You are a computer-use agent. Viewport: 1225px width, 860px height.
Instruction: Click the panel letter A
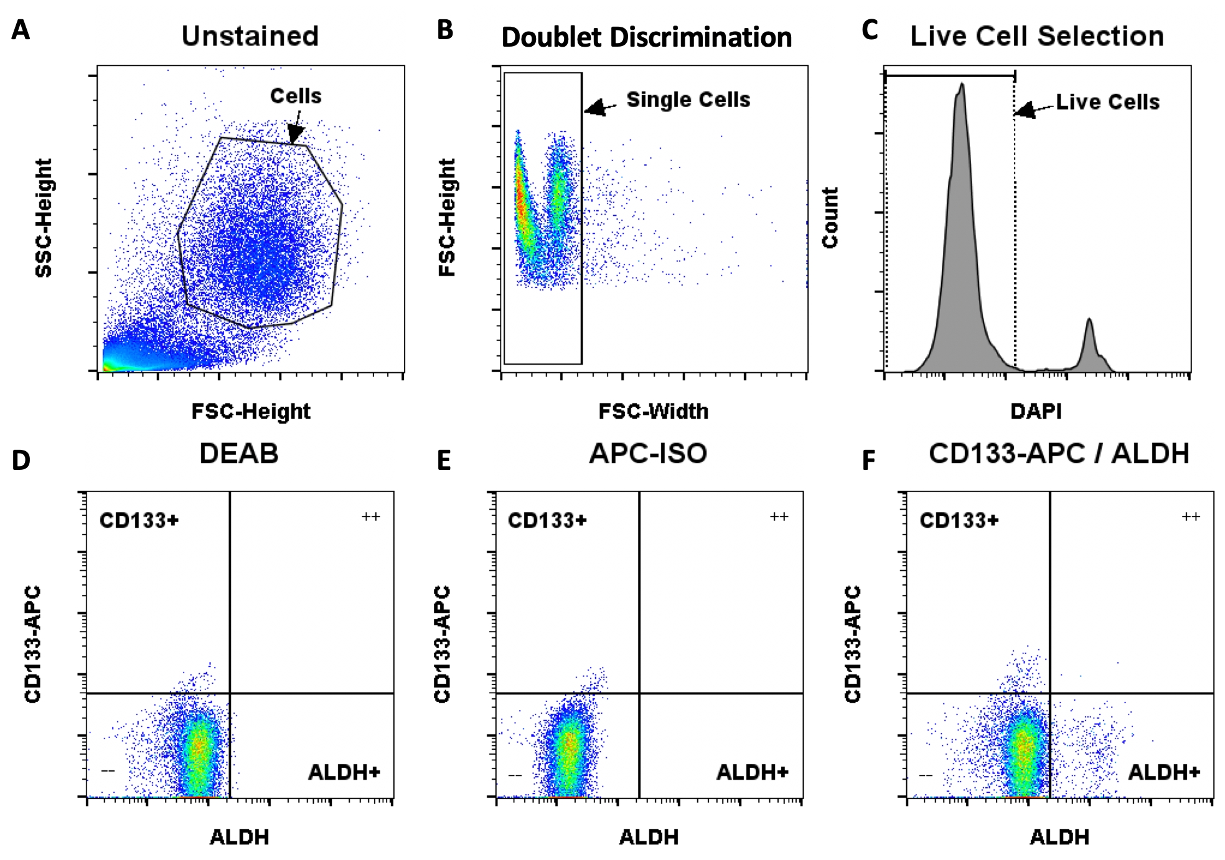[x=21, y=30]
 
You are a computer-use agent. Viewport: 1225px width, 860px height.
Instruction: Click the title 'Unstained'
[x=250, y=36]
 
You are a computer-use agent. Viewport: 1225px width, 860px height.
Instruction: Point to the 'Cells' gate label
[x=296, y=96]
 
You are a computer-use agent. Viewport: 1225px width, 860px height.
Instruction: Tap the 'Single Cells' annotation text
[x=688, y=100]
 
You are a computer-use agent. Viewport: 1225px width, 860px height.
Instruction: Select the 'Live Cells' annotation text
[x=1107, y=102]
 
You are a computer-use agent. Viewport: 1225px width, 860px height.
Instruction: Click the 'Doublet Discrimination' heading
[x=646, y=37]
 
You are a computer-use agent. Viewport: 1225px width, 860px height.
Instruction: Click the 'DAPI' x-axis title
[x=1036, y=411]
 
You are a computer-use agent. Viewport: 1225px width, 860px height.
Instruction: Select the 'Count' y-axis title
[x=830, y=218]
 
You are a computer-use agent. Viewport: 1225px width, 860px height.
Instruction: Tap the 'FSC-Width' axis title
[x=653, y=411]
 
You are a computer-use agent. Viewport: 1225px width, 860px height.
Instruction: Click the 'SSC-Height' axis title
[x=44, y=218]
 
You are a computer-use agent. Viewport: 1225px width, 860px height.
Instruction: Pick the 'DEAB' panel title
[x=239, y=454]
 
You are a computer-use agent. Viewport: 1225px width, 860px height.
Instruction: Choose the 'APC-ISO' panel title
[x=648, y=454]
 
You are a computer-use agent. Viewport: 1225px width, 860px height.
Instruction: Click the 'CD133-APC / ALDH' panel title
[x=1059, y=454]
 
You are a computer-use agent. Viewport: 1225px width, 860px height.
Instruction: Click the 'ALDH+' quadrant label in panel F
[x=1164, y=772]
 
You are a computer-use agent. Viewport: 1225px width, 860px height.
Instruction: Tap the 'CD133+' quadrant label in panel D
[x=139, y=520]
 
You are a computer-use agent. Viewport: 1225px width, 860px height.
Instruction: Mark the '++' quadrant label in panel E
[x=779, y=516]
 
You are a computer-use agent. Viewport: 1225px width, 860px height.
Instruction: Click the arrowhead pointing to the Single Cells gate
[x=595, y=108]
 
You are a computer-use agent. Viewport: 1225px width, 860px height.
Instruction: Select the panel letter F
[x=869, y=460]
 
